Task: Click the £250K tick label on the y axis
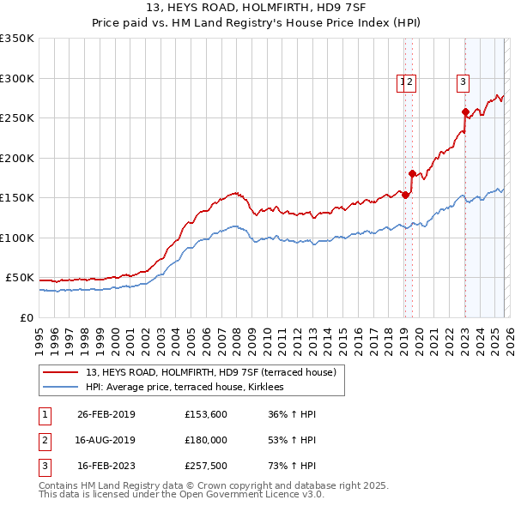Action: tap(17, 118)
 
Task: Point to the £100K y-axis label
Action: tap(17, 238)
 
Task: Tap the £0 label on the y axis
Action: tap(27, 317)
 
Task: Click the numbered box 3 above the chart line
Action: tap(463, 82)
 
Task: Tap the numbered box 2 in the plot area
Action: tap(411, 82)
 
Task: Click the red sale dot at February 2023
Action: tap(465, 111)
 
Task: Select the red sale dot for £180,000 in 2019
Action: tap(412, 173)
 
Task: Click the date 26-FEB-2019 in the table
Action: tap(106, 414)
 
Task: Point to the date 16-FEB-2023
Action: tap(106, 467)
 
